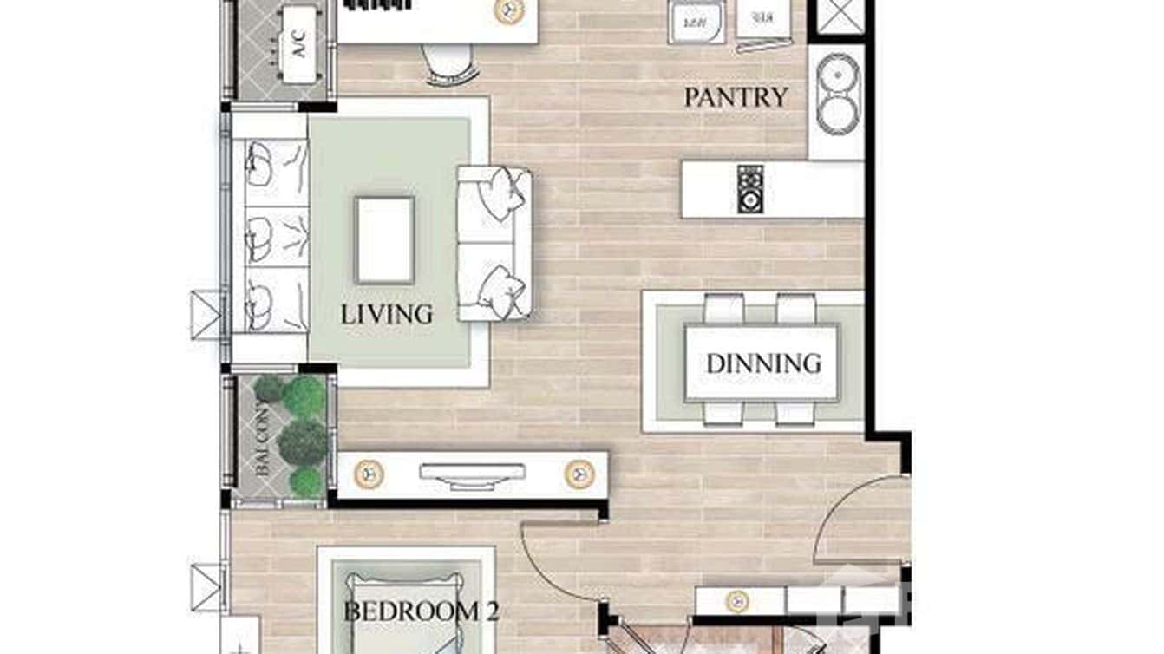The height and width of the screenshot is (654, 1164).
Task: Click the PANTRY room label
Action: pos(736,97)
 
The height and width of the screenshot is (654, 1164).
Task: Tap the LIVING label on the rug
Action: pos(386,314)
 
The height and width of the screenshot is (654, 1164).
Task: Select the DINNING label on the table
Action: pos(763,363)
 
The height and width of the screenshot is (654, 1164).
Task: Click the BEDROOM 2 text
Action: pos(422,611)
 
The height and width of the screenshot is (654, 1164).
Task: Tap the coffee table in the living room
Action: pos(384,239)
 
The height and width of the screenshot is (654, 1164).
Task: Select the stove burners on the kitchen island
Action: pos(749,189)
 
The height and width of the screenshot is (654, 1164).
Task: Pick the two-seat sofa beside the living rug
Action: pos(494,243)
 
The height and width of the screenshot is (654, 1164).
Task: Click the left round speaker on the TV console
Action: pos(369,474)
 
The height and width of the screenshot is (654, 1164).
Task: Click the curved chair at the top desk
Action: pos(451,65)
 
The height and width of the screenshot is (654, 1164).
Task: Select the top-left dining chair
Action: pos(723,309)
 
